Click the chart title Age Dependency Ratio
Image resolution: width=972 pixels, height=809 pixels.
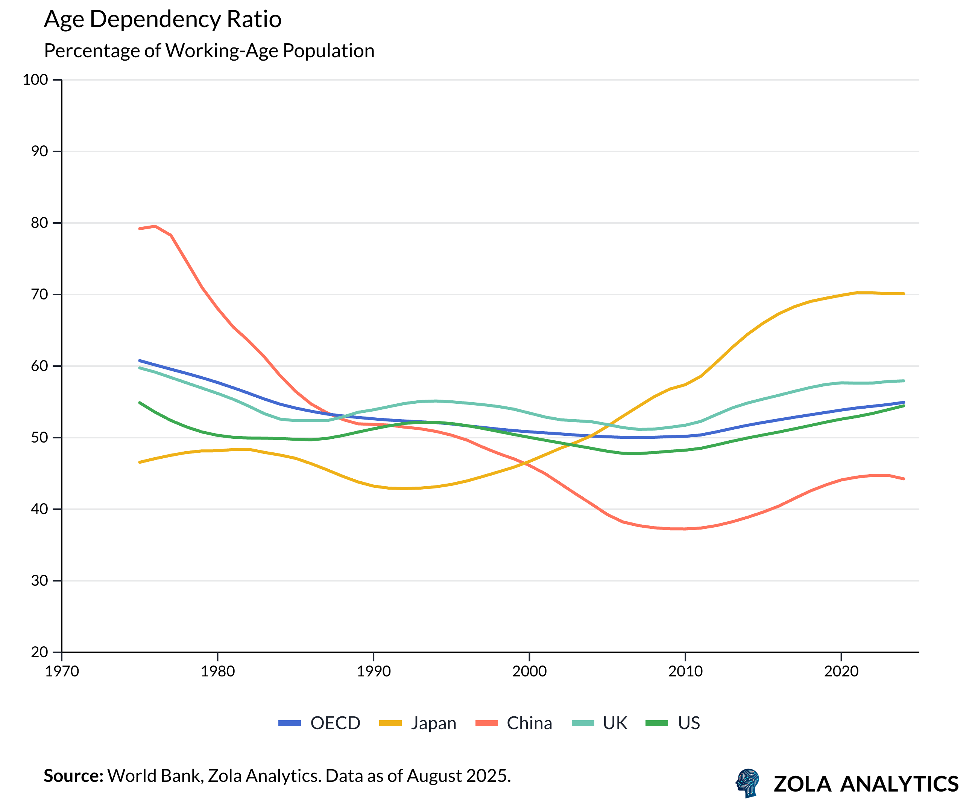pos(163,20)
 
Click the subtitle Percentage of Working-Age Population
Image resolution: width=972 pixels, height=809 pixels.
pos(209,51)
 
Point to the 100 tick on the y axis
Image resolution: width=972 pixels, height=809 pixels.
pos(36,80)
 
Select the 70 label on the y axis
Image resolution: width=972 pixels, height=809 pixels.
pos(39,294)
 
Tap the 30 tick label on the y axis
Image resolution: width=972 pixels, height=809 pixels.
pos(39,580)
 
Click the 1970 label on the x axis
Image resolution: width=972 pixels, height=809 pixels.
pos(62,672)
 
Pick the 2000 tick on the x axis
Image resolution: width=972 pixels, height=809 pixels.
pos(529,672)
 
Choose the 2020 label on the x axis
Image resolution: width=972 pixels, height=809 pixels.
pos(841,672)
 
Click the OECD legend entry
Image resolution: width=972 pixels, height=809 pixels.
pos(319,723)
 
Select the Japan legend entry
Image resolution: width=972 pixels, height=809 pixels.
pos(418,723)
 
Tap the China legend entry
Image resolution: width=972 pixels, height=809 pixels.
pos(514,723)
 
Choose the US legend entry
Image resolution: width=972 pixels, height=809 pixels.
pos(673,723)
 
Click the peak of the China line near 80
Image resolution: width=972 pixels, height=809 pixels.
pos(155,226)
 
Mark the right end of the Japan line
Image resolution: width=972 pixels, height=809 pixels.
pos(904,294)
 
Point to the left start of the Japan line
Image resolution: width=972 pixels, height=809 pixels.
pos(140,462)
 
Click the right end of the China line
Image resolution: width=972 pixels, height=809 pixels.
pos(904,479)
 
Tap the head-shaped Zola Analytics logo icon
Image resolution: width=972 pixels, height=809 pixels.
pos(747,783)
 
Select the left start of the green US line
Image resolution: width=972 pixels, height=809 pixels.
pos(140,403)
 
